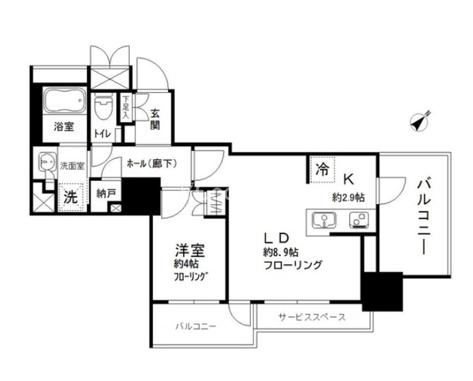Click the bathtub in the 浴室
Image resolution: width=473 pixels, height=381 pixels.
(64, 102)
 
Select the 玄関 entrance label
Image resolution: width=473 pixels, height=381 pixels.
(155, 120)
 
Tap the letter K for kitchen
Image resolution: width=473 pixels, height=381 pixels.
(348, 180)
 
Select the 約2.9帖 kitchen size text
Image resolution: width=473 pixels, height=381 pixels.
(348, 197)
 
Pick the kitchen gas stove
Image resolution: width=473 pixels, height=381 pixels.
(357, 220)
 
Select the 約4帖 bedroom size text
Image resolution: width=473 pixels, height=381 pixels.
(186, 264)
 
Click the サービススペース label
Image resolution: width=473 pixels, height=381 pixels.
(312, 317)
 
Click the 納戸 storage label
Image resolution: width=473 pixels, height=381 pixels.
(107, 193)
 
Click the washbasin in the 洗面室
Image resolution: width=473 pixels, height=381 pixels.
(47, 164)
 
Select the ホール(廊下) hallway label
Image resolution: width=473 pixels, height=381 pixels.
(152, 164)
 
